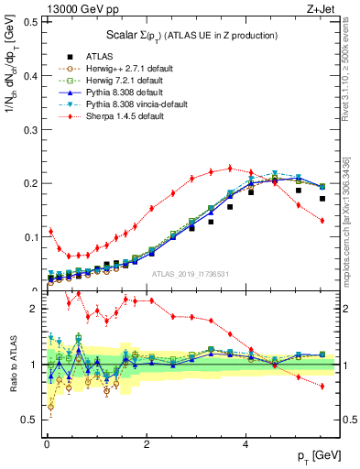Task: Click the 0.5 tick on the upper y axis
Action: click(x=30, y=22)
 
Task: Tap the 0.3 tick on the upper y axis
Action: click(x=30, y=129)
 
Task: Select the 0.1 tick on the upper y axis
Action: click(x=30, y=236)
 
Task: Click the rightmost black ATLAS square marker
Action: click(x=322, y=198)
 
